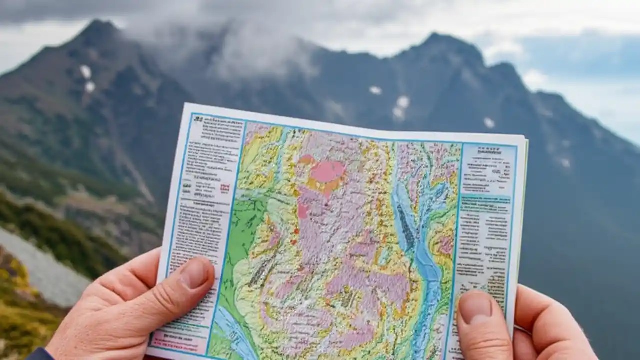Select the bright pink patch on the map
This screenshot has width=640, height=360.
click(x=328, y=171)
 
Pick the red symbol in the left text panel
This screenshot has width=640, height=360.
click(x=224, y=188)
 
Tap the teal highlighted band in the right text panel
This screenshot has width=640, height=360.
click(x=485, y=199)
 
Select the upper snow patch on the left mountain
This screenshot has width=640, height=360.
click(x=86, y=71)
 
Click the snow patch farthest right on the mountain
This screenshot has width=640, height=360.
click(x=565, y=162)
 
